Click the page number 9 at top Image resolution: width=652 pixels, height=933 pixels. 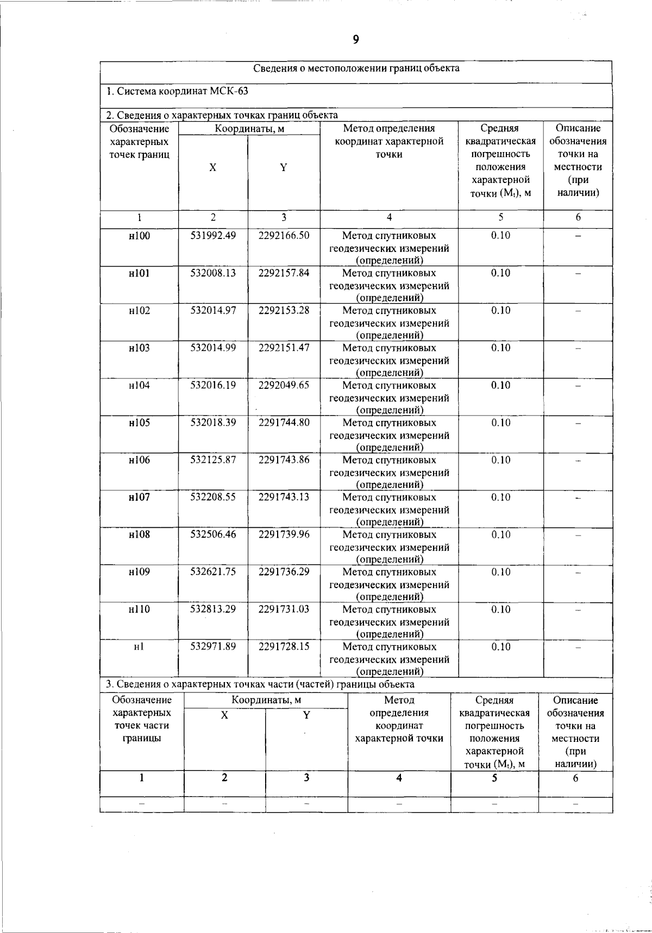[x=356, y=39]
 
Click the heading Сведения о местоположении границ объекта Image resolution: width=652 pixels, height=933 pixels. [x=356, y=68]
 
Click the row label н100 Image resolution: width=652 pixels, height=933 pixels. [x=140, y=236]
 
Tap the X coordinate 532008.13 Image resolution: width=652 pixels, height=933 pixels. [x=213, y=273]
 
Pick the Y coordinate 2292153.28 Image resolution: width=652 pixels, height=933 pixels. [x=284, y=311]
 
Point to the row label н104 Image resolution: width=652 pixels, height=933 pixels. [x=140, y=386]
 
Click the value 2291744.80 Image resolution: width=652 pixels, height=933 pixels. [x=284, y=423]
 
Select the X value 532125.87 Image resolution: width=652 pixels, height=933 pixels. [x=213, y=460]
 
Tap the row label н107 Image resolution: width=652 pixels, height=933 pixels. [x=140, y=497]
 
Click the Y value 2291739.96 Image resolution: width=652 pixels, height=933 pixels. [x=284, y=535]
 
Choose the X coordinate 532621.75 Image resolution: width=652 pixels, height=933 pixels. [x=213, y=572]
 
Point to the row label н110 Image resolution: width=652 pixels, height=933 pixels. [x=140, y=609]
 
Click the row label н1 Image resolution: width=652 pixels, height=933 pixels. [x=140, y=647]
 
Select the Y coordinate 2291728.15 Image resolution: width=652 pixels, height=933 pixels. [x=284, y=647]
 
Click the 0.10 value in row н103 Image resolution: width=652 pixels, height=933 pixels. [x=500, y=348]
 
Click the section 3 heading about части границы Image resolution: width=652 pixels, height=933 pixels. [x=260, y=684]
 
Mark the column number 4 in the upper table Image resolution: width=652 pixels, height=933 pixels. [x=389, y=217]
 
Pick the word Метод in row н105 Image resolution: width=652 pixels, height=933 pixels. [x=357, y=423]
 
